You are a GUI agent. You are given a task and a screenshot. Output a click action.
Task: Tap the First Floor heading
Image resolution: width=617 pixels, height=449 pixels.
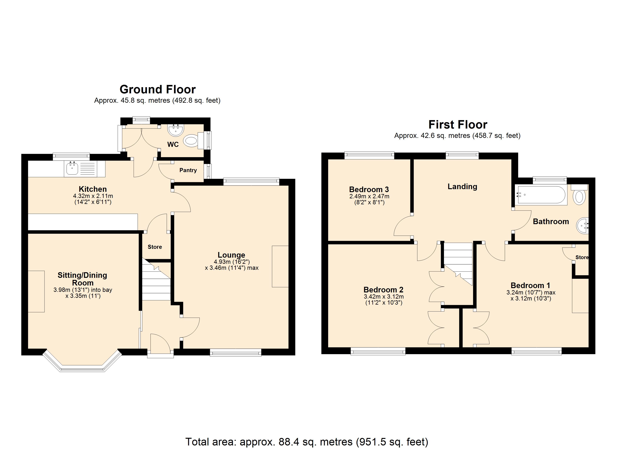click(x=458, y=125)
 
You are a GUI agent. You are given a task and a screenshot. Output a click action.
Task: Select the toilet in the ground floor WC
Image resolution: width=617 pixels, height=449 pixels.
click(x=191, y=141)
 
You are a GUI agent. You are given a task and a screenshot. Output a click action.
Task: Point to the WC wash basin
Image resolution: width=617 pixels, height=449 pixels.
click(x=176, y=129)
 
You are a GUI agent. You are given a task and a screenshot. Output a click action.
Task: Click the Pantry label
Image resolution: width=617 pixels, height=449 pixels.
click(x=188, y=170)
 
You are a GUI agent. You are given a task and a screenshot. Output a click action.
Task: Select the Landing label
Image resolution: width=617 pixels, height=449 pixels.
click(x=462, y=187)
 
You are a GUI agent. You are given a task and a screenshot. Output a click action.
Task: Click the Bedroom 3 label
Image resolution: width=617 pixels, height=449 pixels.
click(x=369, y=189)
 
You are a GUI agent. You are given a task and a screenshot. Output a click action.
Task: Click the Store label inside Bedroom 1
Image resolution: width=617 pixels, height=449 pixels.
click(x=582, y=257)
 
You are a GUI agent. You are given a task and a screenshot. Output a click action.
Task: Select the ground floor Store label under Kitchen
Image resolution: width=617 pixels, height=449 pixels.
click(x=155, y=247)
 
